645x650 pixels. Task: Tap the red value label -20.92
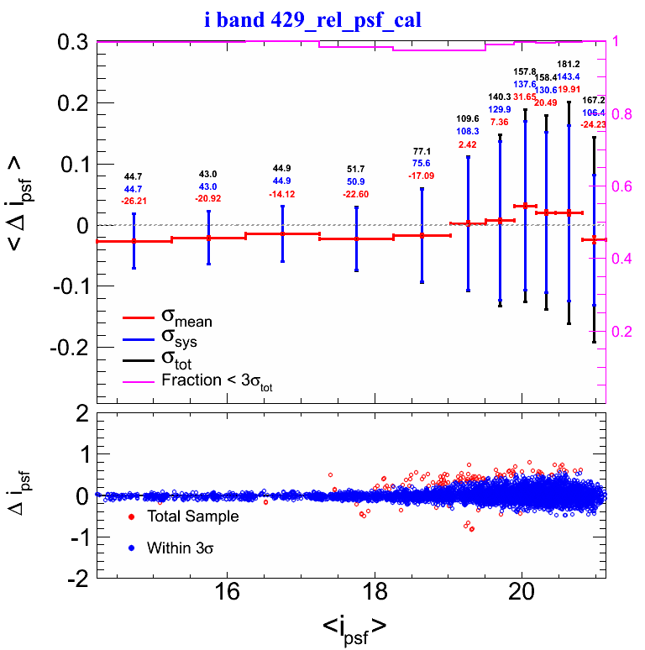pos(208,197)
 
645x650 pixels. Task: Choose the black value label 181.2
pos(569,64)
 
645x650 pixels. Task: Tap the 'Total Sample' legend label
pos(192,516)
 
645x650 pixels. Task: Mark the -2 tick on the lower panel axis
pos(78,578)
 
